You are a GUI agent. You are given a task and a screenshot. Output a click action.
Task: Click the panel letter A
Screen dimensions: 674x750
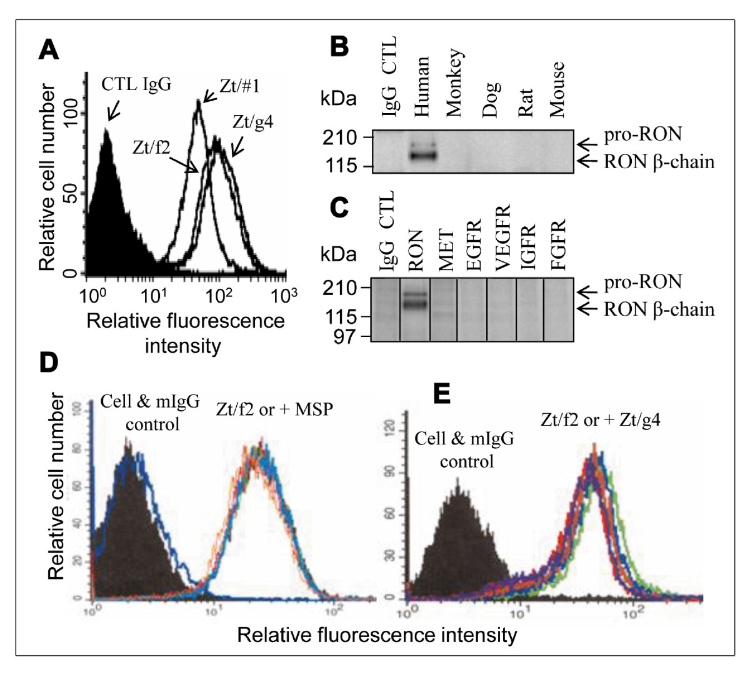tap(49, 49)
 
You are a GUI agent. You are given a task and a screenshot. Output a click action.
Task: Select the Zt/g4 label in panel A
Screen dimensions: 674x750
tap(252, 121)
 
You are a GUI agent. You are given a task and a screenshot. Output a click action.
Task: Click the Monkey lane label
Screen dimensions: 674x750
tap(454, 83)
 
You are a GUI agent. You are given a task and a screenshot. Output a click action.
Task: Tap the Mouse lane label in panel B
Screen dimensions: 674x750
tap(556, 89)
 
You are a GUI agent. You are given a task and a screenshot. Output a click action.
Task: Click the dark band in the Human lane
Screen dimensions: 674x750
tap(422, 154)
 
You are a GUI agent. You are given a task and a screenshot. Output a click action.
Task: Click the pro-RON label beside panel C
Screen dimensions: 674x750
tap(642, 283)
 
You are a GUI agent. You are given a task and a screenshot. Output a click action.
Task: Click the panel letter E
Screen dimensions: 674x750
tap(441, 395)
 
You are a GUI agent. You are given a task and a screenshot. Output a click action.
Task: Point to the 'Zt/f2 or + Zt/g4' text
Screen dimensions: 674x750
tap(601, 420)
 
